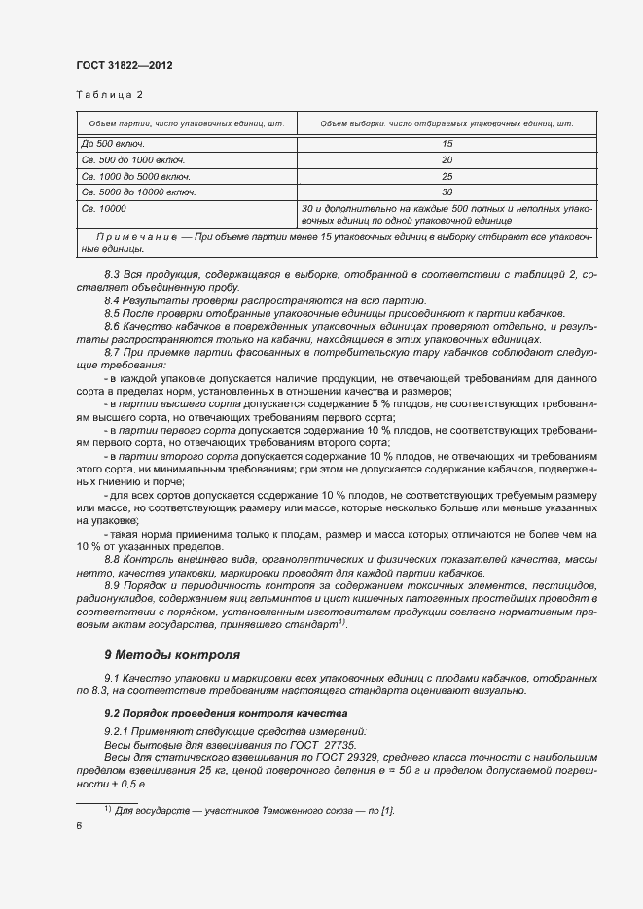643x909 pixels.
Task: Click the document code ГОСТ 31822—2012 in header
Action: (124, 66)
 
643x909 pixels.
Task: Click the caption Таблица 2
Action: (109, 95)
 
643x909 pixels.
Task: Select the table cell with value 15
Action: (447, 143)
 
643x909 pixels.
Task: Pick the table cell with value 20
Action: (447, 159)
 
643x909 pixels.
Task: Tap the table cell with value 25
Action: (447, 176)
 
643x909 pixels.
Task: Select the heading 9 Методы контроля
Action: (171, 654)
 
